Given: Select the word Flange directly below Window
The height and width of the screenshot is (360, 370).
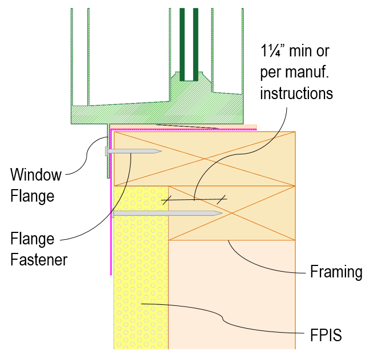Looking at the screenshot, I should tap(32, 197).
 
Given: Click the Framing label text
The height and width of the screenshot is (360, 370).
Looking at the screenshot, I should tap(336, 272).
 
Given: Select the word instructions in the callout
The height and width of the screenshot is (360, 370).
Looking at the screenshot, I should tap(296, 92).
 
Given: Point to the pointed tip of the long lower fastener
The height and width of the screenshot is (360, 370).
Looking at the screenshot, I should tap(221, 214).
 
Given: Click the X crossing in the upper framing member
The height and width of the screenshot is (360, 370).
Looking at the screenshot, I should tap(205, 159).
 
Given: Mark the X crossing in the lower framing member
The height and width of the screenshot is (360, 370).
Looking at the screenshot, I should tap(232, 212).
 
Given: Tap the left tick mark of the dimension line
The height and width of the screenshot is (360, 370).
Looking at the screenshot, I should tap(166, 200).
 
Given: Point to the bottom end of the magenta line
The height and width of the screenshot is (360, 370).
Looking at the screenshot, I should tap(111, 274).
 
